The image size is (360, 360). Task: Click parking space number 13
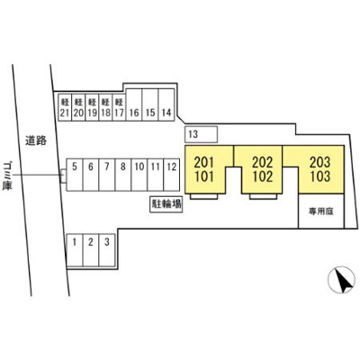(201, 134)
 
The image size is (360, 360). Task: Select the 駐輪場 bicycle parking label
(166, 204)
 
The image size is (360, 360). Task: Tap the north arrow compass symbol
(341, 280)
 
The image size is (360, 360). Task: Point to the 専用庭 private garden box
(321, 211)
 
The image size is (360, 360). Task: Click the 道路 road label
(36, 140)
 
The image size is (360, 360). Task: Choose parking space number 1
(75, 250)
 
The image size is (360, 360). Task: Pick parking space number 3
(107, 250)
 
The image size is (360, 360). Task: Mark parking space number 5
(75, 175)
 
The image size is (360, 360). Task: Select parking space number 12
(172, 175)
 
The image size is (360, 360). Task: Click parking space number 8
(123, 175)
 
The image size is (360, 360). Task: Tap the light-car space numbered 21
(65, 108)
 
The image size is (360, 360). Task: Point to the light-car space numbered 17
(119, 108)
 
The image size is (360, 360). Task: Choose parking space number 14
(166, 105)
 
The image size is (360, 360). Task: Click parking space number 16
(134, 105)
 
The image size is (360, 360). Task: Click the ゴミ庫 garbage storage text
(7, 175)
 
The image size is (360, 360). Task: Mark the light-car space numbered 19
(92, 108)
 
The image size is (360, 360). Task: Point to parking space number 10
(139, 175)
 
